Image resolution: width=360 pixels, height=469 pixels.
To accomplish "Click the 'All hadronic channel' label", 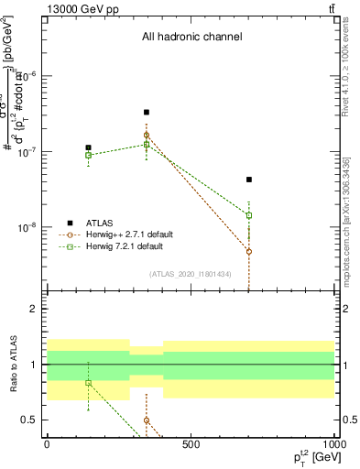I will click(191, 38).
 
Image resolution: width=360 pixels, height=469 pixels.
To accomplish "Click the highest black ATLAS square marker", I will click(147, 113).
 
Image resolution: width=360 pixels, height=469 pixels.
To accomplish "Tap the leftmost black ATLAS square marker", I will click(88, 147).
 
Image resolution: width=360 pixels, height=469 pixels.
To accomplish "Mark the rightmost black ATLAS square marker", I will click(248, 180).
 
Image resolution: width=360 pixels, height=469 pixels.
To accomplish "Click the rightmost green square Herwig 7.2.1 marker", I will click(248, 215).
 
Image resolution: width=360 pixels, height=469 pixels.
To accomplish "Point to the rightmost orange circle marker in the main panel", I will click(248, 251).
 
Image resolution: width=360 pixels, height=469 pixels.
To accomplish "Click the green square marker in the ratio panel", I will click(88, 383).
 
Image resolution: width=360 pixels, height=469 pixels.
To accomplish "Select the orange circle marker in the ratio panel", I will click(147, 420).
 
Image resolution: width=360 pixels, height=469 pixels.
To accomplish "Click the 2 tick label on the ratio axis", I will click(34, 310).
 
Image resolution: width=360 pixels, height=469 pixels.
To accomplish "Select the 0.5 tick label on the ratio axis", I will click(29, 420).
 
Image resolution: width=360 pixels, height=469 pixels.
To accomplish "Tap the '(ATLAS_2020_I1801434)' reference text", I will click(191, 274).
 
